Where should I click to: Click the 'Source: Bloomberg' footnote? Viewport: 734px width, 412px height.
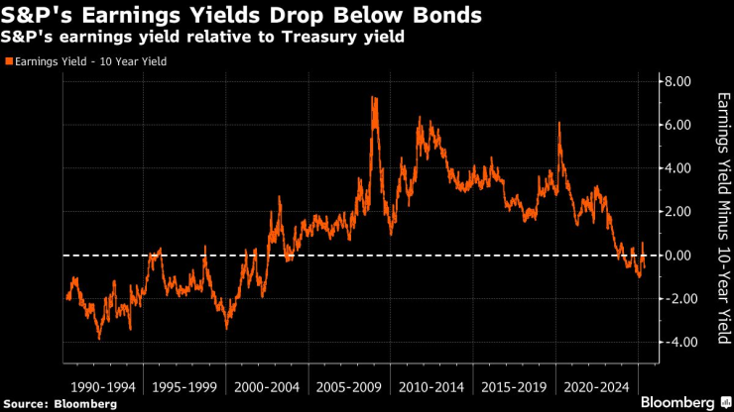pos(61,403)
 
